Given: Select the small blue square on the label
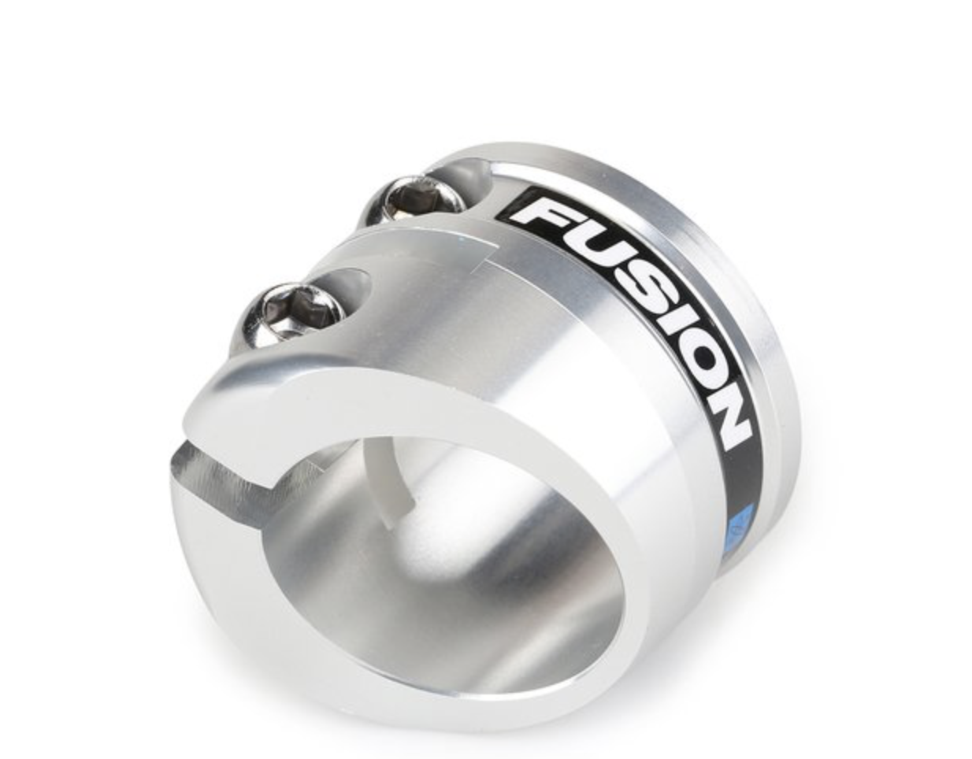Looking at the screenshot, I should pos(741,520).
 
